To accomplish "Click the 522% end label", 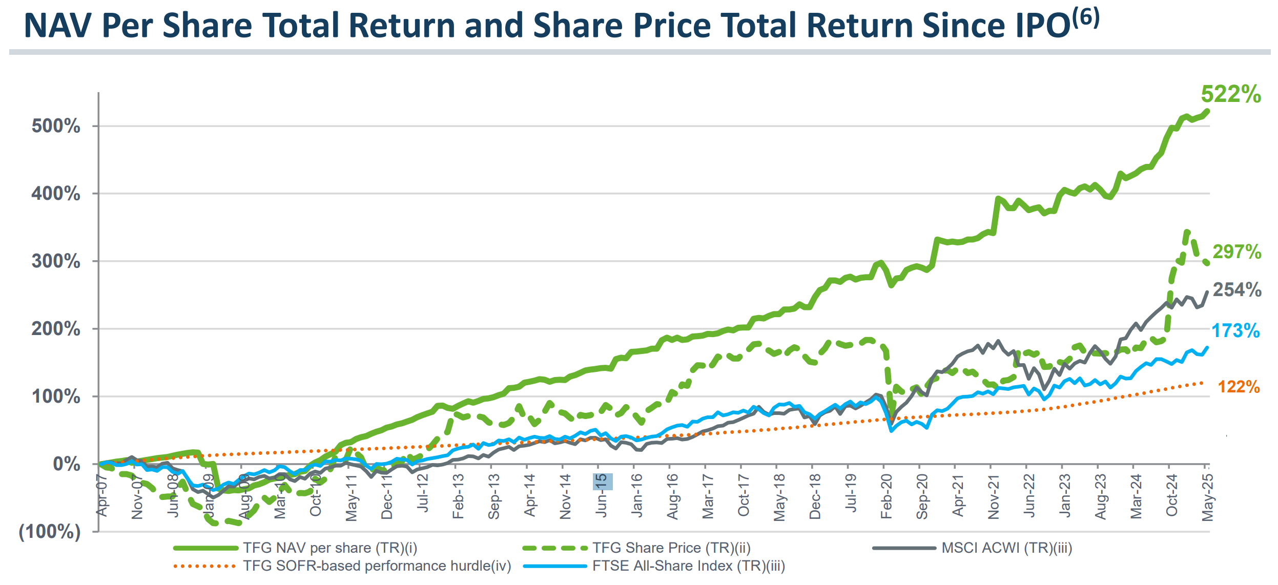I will point(1231,94).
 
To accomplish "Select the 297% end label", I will point(1236,252).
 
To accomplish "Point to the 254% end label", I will point(1236,290).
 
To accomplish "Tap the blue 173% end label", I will point(1235,331).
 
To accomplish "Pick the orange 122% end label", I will point(1239,387).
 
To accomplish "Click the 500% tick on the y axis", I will point(56,126).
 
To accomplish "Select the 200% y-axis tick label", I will point(56,329).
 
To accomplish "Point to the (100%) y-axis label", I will point(50,532).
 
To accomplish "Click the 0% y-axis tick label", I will point(67,464).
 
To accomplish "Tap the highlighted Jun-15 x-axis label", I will point(602,495).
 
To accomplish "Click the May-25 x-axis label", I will point(1208,497).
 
